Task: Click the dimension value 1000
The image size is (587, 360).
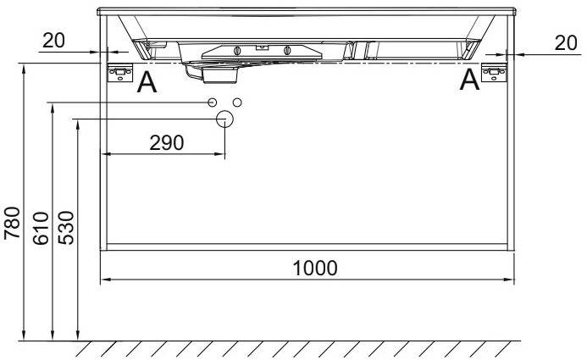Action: (x=315, y=268)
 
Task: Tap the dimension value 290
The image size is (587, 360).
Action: (x=167, y=143)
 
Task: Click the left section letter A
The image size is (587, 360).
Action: (x=147, y=82)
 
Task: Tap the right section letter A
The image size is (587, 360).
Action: (x=469, y=81)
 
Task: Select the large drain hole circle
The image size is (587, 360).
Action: (x=224, y=119)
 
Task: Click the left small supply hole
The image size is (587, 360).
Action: (x=213, y=102)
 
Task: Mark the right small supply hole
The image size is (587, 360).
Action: (x=237, y=102)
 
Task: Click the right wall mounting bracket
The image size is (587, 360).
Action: (x=493, y=74)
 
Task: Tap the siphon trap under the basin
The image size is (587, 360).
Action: (x=219, y=74)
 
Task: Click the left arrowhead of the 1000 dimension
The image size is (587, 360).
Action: (x=105, y=280)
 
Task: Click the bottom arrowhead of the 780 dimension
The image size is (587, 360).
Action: (x=25, y=338)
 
